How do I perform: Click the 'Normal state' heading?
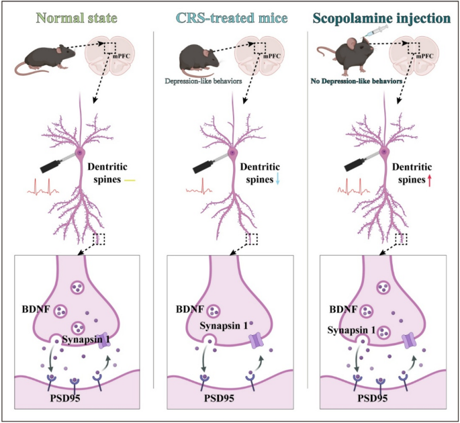point(77,17)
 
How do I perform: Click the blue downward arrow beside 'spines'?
point(277,177)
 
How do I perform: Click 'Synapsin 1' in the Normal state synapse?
point(85,340)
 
